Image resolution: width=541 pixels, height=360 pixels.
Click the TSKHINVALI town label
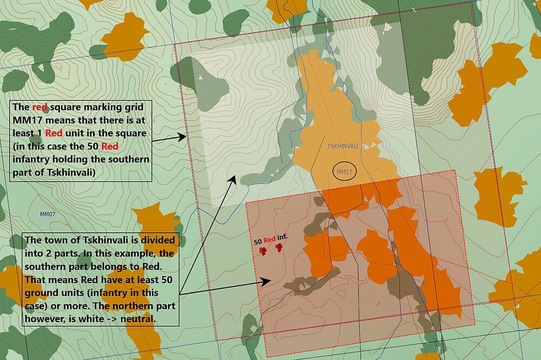[343, 146]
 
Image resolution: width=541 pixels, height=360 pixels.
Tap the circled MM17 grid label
[345, 172]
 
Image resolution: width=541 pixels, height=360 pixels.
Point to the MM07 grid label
[48, 214]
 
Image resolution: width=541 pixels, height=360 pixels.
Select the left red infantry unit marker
[263, 250]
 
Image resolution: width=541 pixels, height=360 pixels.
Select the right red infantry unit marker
[279, 248]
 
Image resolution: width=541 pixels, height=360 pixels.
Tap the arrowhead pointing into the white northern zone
[234, 178]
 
